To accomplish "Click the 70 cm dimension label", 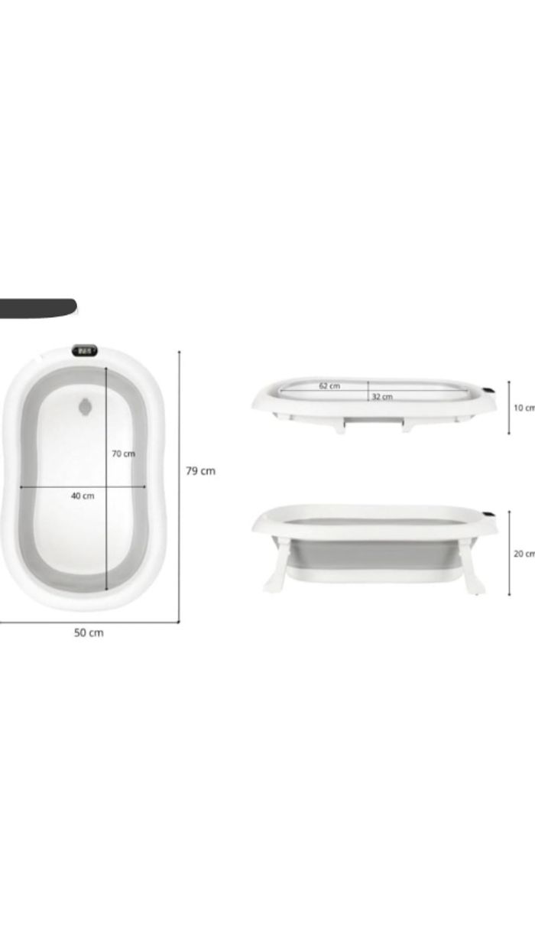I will point(123,453).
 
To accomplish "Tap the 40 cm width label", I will point(83,496).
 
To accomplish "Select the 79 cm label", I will point(200,471).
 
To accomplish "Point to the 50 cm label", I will point(89,632).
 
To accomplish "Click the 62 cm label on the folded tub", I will point(329,386).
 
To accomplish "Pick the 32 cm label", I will point(382,397).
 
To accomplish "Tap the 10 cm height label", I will point(524,408).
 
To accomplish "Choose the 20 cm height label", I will point(524,554).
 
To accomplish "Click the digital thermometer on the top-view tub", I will point(85,351).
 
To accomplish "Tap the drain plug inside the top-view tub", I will point(86,405).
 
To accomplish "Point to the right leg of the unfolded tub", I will point(471,567).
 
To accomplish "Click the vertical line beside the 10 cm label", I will point(509,408).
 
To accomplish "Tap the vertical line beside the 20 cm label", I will point(509,554).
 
